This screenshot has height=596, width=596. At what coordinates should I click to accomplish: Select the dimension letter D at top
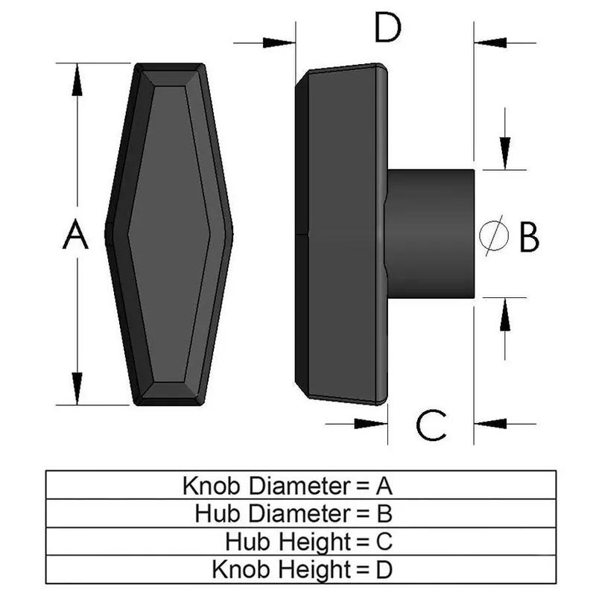[x=387, y=29]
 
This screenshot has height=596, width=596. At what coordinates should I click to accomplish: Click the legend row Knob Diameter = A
[x=288, y=486]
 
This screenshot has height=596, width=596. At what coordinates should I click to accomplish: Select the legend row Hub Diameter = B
[x=294, y=513]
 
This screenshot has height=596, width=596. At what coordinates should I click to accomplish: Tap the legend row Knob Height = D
[x=302, y=570]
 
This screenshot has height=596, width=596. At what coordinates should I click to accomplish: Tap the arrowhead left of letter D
[x=282, y=42]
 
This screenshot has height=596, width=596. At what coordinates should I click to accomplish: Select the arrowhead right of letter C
[x=489, y=423]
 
